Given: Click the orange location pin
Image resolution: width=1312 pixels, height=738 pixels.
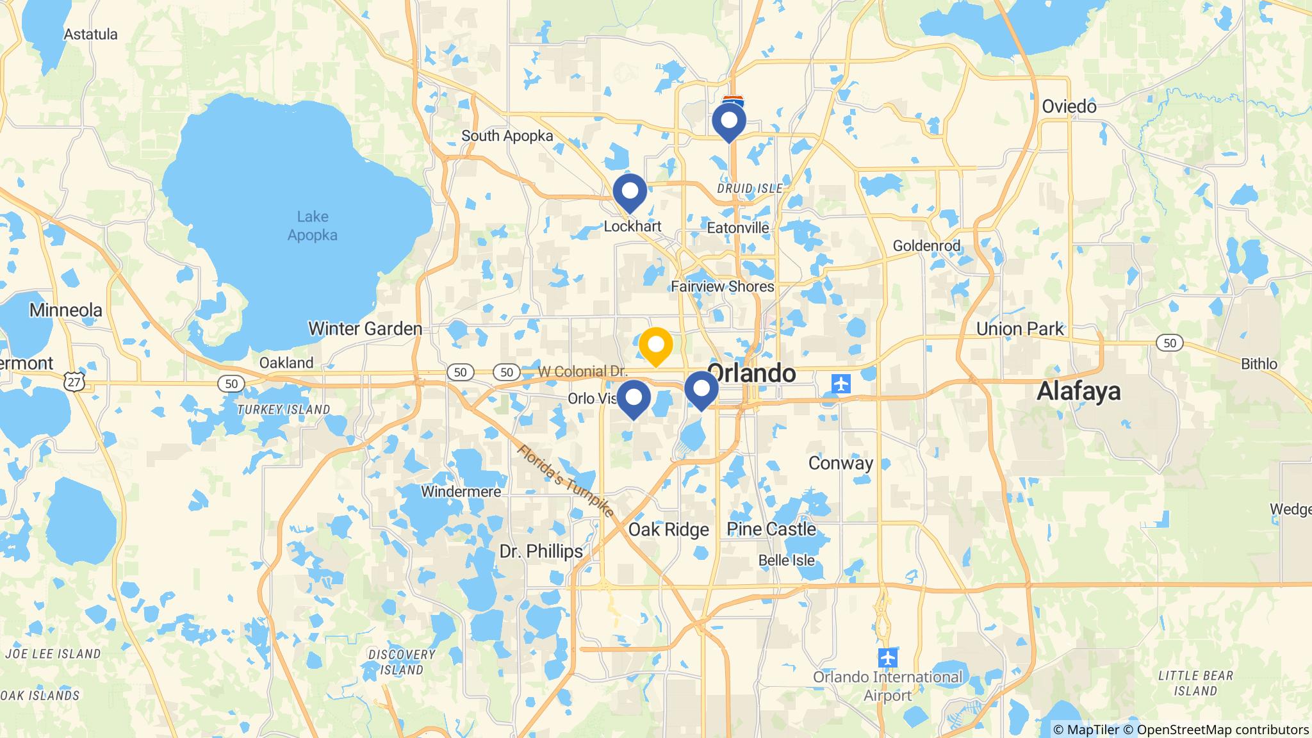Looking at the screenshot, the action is click(x=655, y=345).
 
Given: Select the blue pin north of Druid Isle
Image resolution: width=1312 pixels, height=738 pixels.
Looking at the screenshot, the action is click(x=729, y=120).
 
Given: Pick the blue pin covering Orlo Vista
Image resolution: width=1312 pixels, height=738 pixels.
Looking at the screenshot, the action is click(x=634, y=398).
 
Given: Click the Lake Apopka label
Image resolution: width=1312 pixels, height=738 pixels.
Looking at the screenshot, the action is click(x=312, y=226).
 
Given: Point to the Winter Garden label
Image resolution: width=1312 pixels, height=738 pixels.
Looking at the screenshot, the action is click(x=365, y=329).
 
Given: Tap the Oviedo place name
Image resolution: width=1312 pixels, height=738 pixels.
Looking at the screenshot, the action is click(x=1069, y=106).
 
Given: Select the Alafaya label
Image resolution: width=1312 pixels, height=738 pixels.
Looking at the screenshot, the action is click(x=1079, y=391).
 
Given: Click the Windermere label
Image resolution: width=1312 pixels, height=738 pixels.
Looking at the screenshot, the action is click(x=461, y=492).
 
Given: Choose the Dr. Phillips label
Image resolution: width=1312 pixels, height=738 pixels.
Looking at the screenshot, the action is click(x=541, y=552).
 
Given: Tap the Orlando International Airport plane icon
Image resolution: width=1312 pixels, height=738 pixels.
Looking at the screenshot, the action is click(x=887, y=657).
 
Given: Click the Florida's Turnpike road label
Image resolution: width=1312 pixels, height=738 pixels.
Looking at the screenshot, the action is click(x=566, y=481).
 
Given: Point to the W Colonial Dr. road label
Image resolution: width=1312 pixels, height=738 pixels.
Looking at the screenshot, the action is click(x=582, y=372).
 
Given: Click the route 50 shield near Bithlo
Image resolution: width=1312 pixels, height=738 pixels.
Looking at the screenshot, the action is click(x=1170, y=343).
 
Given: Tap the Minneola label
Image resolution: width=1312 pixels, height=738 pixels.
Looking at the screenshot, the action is click(x=66, y=311).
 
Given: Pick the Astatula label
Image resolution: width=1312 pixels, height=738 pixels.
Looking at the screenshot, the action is click(x=91, y=35).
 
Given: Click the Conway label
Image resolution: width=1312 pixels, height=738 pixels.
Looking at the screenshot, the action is click(x=840, y=463).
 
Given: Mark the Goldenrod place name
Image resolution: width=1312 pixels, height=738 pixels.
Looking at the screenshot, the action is click(x=926, y=246).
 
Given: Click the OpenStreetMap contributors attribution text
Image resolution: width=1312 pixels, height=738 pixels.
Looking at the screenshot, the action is click(x=1222, y=730).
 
